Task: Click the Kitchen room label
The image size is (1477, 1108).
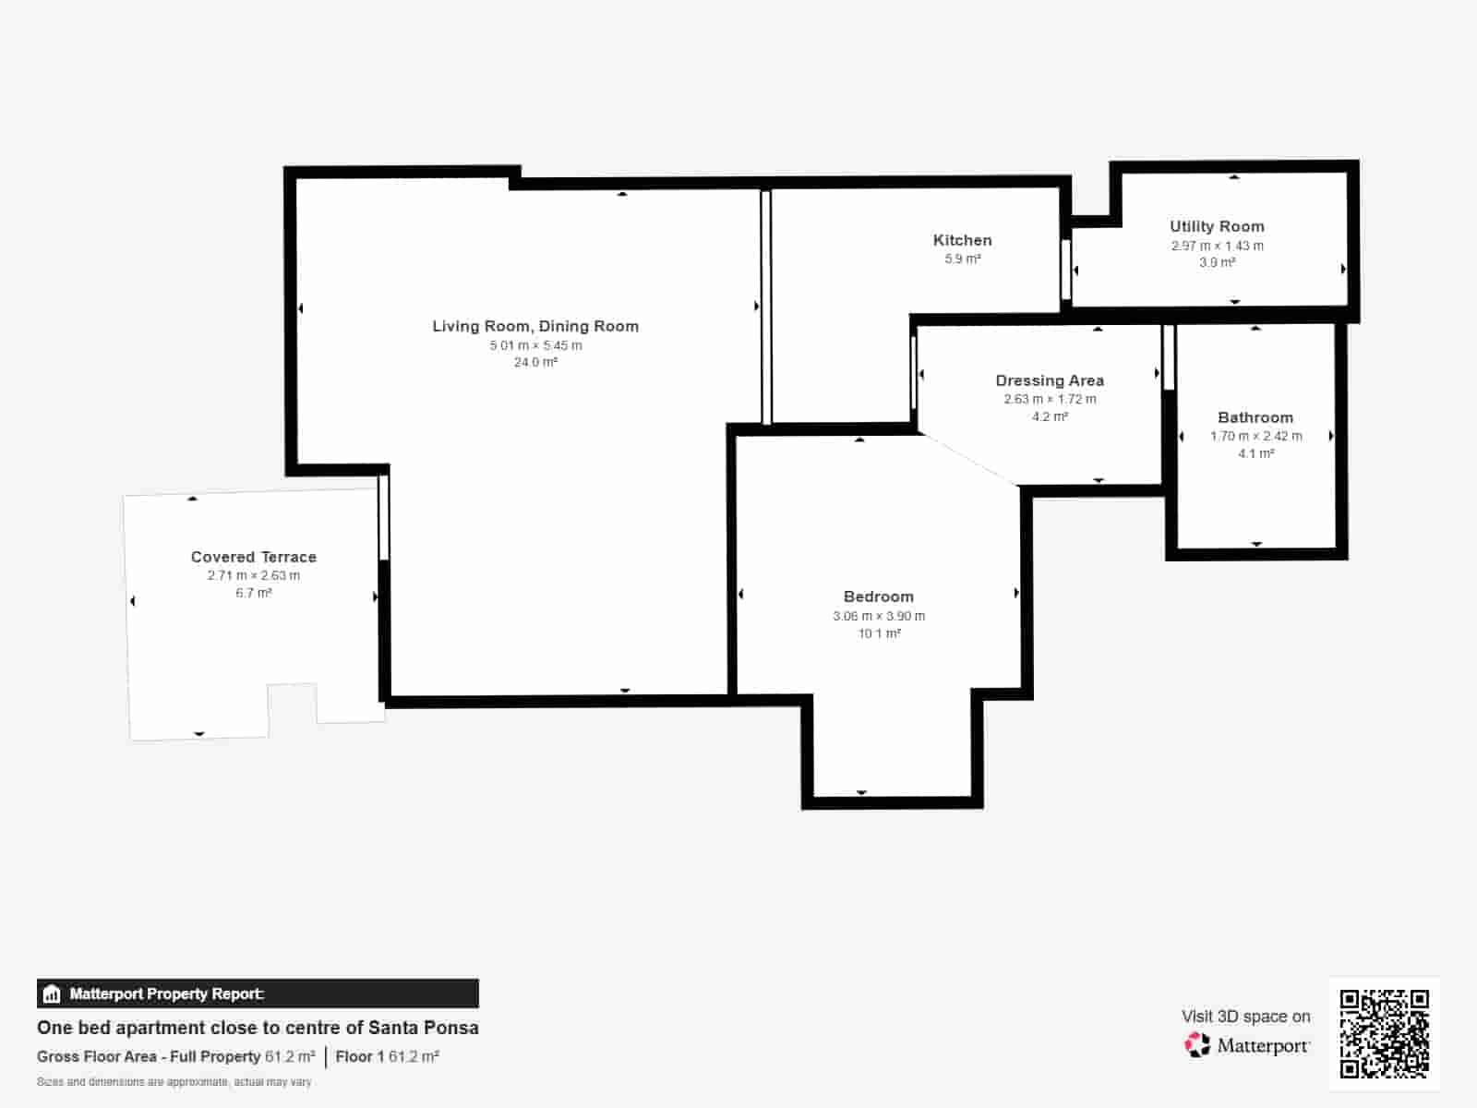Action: (962, 240)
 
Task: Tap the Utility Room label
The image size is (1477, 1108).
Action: (1217, 226)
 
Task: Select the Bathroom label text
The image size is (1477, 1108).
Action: (1255, 417)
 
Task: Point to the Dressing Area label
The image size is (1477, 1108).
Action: (1050, 380)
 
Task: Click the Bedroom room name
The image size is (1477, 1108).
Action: (879, 596)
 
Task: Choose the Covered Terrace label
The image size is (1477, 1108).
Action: (254, 557)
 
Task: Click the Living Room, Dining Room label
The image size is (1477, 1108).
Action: (535, 326)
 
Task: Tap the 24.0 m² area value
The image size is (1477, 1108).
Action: (535, 363)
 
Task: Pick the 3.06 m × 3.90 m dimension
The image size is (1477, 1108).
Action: (879, 616)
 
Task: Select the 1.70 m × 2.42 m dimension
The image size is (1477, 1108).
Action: (1255, 436)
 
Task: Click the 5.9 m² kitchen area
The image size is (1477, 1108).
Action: (962, 259)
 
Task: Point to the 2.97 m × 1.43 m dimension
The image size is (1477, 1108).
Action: (1217, 246)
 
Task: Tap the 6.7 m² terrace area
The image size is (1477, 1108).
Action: (254, 593)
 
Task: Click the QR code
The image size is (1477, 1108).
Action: (1384, 1033)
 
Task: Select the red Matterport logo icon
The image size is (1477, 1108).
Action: (1197, 1045)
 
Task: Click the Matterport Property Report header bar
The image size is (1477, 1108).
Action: (258, 994)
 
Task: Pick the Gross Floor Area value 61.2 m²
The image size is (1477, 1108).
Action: (289, 1057)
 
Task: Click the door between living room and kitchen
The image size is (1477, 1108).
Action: (766, 307)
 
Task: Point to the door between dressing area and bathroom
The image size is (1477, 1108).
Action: (1169, 357)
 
